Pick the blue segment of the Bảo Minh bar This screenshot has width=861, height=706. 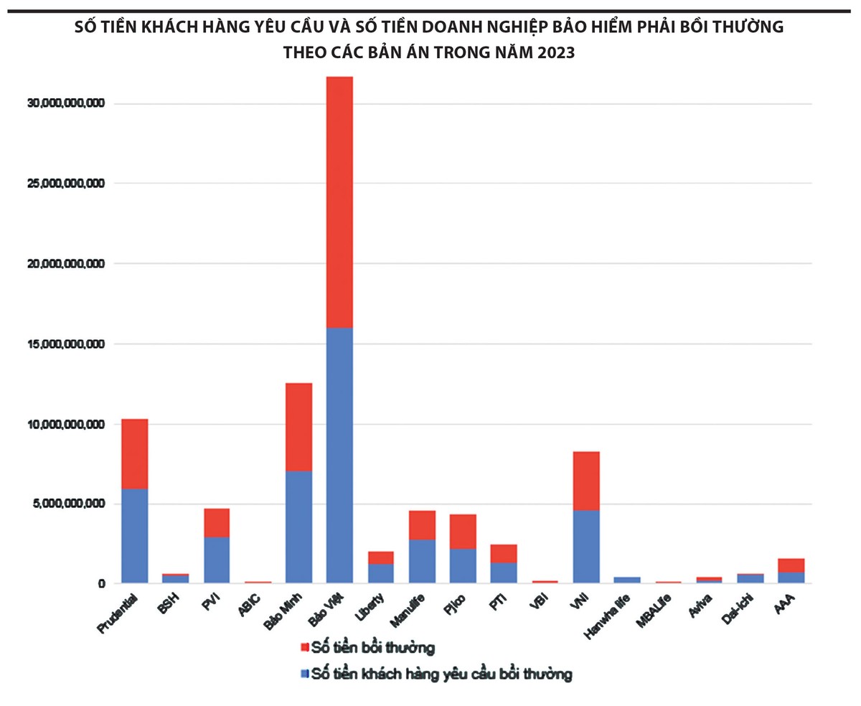298,527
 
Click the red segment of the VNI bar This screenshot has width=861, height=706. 585,481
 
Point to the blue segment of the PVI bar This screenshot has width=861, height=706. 216,560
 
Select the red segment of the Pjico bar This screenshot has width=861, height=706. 463,532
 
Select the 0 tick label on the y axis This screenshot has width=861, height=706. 101,584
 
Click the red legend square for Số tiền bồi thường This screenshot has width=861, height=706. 305,649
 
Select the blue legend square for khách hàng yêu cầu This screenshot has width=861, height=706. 305,674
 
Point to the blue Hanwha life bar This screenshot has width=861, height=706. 626,580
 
